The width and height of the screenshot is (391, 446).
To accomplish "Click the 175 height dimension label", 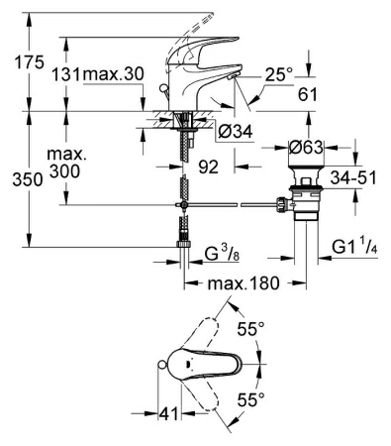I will [x=30, y=62].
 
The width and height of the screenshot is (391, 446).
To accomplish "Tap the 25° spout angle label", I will [x=278, y=72].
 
